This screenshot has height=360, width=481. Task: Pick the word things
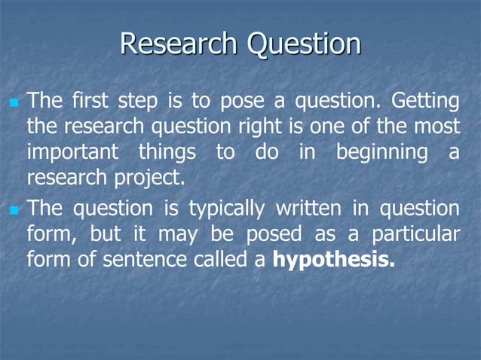(x=166, y=153)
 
